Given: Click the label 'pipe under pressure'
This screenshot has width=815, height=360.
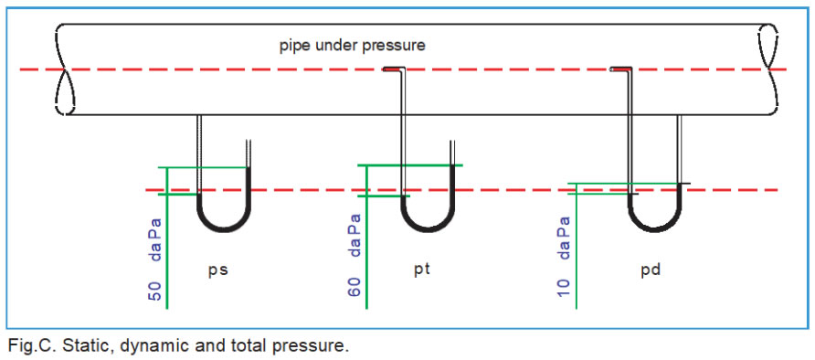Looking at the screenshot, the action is pyautogui.click(x=353, y=46).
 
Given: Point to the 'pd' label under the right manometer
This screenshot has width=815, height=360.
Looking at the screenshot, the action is pyautogui.click(x=651, y=271).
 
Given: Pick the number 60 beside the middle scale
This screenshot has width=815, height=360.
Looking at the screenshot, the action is pyautogui.click(x=355, y=287).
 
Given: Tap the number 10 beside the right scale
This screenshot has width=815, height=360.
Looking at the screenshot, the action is pyautogui.click(x=564, y=287).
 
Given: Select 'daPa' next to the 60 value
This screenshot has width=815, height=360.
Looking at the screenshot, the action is pyautogui.click(x=355, y=234).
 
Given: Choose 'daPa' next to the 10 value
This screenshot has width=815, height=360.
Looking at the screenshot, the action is pyautogui.click(x=564, y=237).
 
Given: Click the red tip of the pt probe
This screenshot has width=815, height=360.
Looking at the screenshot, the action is pyautogui.click(x=393, y=69).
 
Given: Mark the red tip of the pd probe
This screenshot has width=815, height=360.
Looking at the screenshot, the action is pyautogui.click(x=621, y=69).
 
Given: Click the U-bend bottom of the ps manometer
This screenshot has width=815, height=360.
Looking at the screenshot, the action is pyautogui.click(x=224, y=228).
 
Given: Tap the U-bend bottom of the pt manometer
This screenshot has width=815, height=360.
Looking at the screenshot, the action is pyautogui.click(x=428, y=228).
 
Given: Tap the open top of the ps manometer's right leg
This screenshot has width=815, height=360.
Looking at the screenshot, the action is pyautogui.click(x=249, y=141).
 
